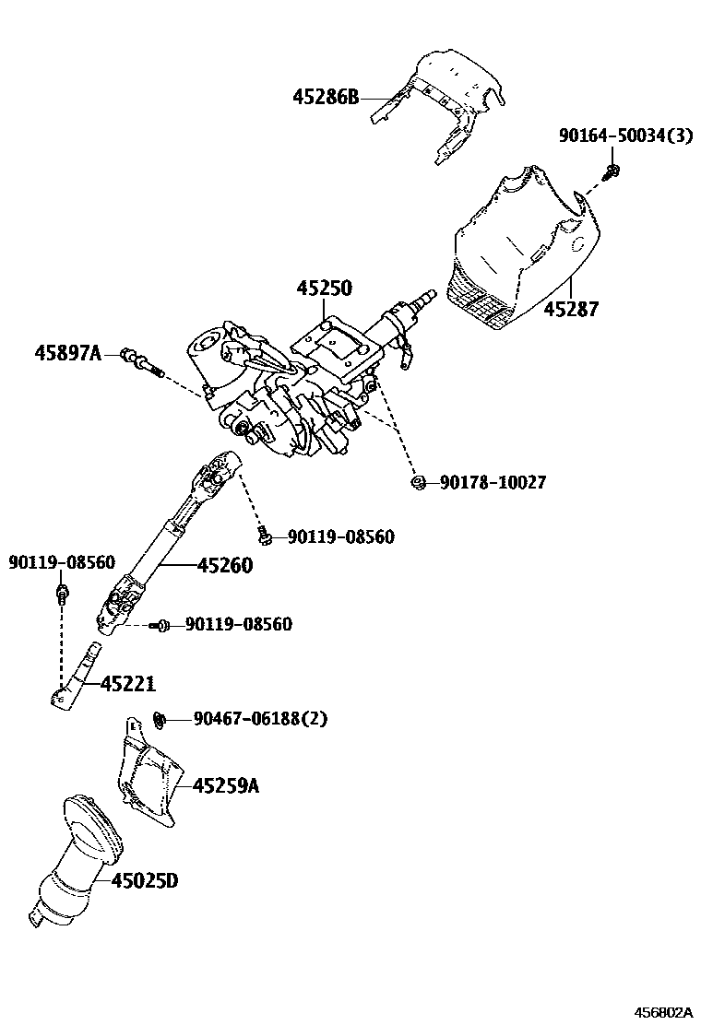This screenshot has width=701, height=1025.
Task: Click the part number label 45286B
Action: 326,97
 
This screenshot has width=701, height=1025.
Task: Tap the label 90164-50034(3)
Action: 625,136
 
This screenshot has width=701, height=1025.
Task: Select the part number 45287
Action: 571,309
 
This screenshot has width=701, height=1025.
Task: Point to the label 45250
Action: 324,289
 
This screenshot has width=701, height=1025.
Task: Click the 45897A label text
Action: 67,352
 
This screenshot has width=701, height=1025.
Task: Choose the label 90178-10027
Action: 493,482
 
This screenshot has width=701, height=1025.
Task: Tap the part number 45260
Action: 224,565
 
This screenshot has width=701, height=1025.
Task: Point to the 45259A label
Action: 226,785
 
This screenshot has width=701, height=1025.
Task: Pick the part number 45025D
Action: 144,881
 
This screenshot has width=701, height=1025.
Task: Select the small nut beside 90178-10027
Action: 418,482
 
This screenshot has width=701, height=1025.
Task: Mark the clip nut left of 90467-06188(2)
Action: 158,718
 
